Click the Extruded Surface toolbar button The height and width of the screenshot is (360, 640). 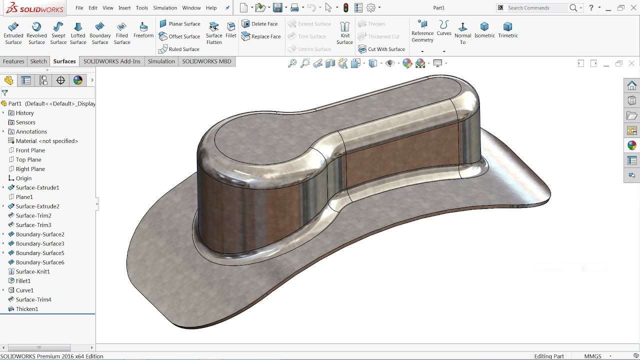(13, 33)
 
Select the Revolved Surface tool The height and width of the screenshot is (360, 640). (36, 33)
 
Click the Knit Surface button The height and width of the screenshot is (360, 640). (345, 33)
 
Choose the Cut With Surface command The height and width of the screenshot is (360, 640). (381, 49)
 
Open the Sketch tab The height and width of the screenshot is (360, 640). (38, 61)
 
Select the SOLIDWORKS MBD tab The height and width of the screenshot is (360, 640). (206, 61)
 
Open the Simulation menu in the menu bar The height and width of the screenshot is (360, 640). (165, 8)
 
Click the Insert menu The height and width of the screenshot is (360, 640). (124, 8)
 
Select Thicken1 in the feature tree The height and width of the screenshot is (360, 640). (27, 309)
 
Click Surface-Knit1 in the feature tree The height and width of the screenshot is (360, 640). (32, 271)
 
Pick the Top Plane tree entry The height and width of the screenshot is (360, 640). (28, 159)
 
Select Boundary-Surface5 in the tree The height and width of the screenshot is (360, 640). (40, 253)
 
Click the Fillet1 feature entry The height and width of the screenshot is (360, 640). (23, 281)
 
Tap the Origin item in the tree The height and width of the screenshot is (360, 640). (23, 178)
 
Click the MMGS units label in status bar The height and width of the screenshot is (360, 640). (593, 356)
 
